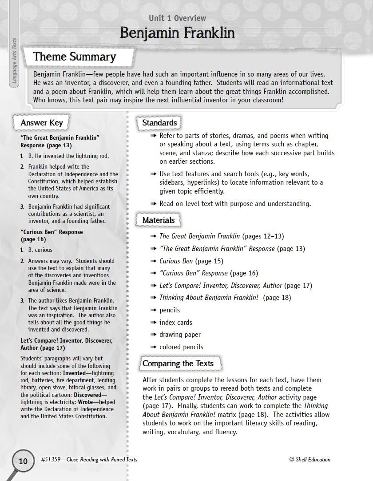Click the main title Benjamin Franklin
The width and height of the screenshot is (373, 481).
pyautogui.click(x=177, y=33)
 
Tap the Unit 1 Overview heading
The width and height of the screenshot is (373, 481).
pyautogui.click(x=177, y=18)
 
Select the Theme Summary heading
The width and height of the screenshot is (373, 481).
pyautogui.click(x=75, y=57)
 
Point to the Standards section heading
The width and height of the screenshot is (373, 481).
pyautogui.click(x=159, y=123)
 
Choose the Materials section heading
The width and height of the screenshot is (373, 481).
pyautogui.click(x=159, y=220)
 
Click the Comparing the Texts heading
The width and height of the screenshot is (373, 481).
pyautogui.click(x=178, y=364)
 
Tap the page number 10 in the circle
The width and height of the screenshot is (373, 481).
pyautogui.click(x=23, y=461)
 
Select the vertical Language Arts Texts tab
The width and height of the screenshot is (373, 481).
pyautogui.click(x=14, y=62)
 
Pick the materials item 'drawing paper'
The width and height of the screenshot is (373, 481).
pyautogui.click(x=180, y=335)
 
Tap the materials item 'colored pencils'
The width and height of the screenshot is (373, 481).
pyautogui.click(x=181, y=347)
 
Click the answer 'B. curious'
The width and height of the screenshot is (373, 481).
pyautogui.click(x=40, y=250)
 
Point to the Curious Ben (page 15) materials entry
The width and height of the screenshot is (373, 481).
pyautogui.click(x=191, y=261)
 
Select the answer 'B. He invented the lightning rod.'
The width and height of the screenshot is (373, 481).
pyautogui.click(x=68, y=156)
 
